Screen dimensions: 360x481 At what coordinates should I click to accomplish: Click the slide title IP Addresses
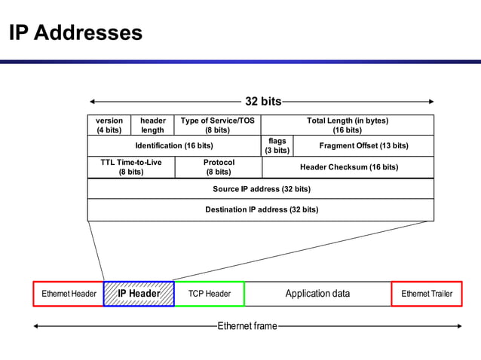75,33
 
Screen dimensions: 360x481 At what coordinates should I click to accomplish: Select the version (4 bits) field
109,125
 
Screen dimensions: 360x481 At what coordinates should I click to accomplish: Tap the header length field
152,125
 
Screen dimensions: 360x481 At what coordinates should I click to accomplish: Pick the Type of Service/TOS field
217,125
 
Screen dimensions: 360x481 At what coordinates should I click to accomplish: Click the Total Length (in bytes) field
348,125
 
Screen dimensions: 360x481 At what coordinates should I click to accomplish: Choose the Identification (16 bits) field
174,145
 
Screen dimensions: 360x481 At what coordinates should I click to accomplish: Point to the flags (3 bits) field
277,145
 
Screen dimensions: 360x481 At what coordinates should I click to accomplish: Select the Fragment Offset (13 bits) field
363,145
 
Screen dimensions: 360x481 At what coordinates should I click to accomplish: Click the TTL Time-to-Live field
131,166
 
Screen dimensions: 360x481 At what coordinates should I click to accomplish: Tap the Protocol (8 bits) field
218,166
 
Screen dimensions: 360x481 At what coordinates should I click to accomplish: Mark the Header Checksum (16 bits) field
348,166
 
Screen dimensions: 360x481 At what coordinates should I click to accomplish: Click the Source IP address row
261,188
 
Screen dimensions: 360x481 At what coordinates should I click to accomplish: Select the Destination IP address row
261,209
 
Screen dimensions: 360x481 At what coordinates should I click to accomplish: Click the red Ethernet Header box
69,294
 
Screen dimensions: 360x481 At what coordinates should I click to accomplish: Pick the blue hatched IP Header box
139,294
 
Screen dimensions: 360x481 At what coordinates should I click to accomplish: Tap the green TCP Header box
209,294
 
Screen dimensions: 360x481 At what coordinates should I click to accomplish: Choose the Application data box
317,294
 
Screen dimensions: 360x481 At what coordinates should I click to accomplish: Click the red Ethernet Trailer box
427,294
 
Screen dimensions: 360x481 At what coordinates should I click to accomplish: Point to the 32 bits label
263,102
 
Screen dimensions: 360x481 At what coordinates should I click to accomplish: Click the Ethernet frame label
247,326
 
